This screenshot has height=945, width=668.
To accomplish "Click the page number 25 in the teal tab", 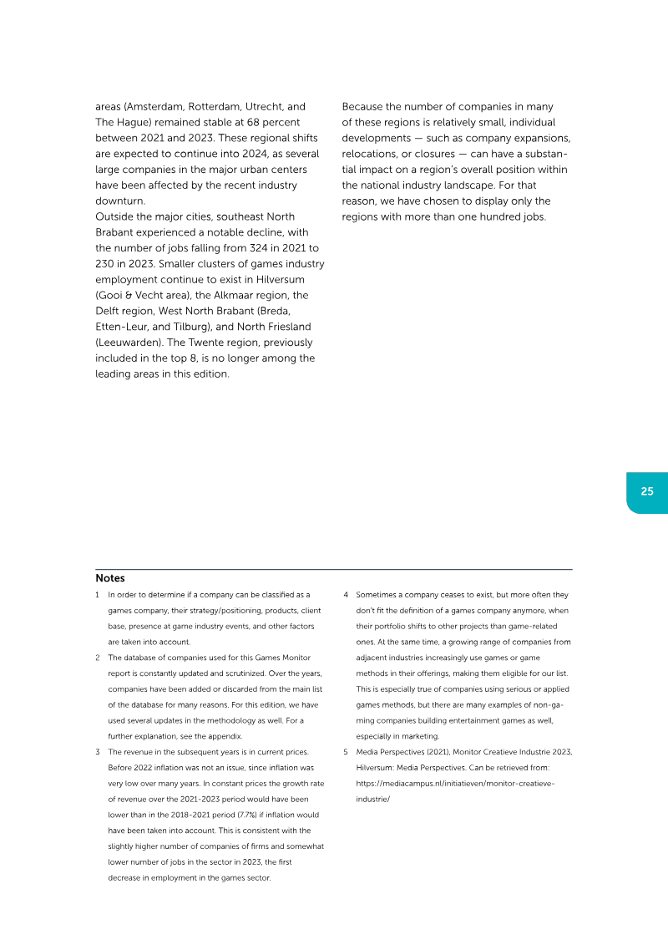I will coord(647,491).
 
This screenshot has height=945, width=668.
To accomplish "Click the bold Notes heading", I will coord(110,578).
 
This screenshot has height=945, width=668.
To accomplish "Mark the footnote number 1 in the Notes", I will coord(98,595).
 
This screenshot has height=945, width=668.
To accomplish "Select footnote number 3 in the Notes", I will coord(98,752).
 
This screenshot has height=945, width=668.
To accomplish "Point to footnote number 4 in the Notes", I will coord(346,595).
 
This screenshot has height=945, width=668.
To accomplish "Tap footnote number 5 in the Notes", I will coord(346,752).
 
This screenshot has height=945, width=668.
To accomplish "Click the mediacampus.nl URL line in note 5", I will coord(455,783).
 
